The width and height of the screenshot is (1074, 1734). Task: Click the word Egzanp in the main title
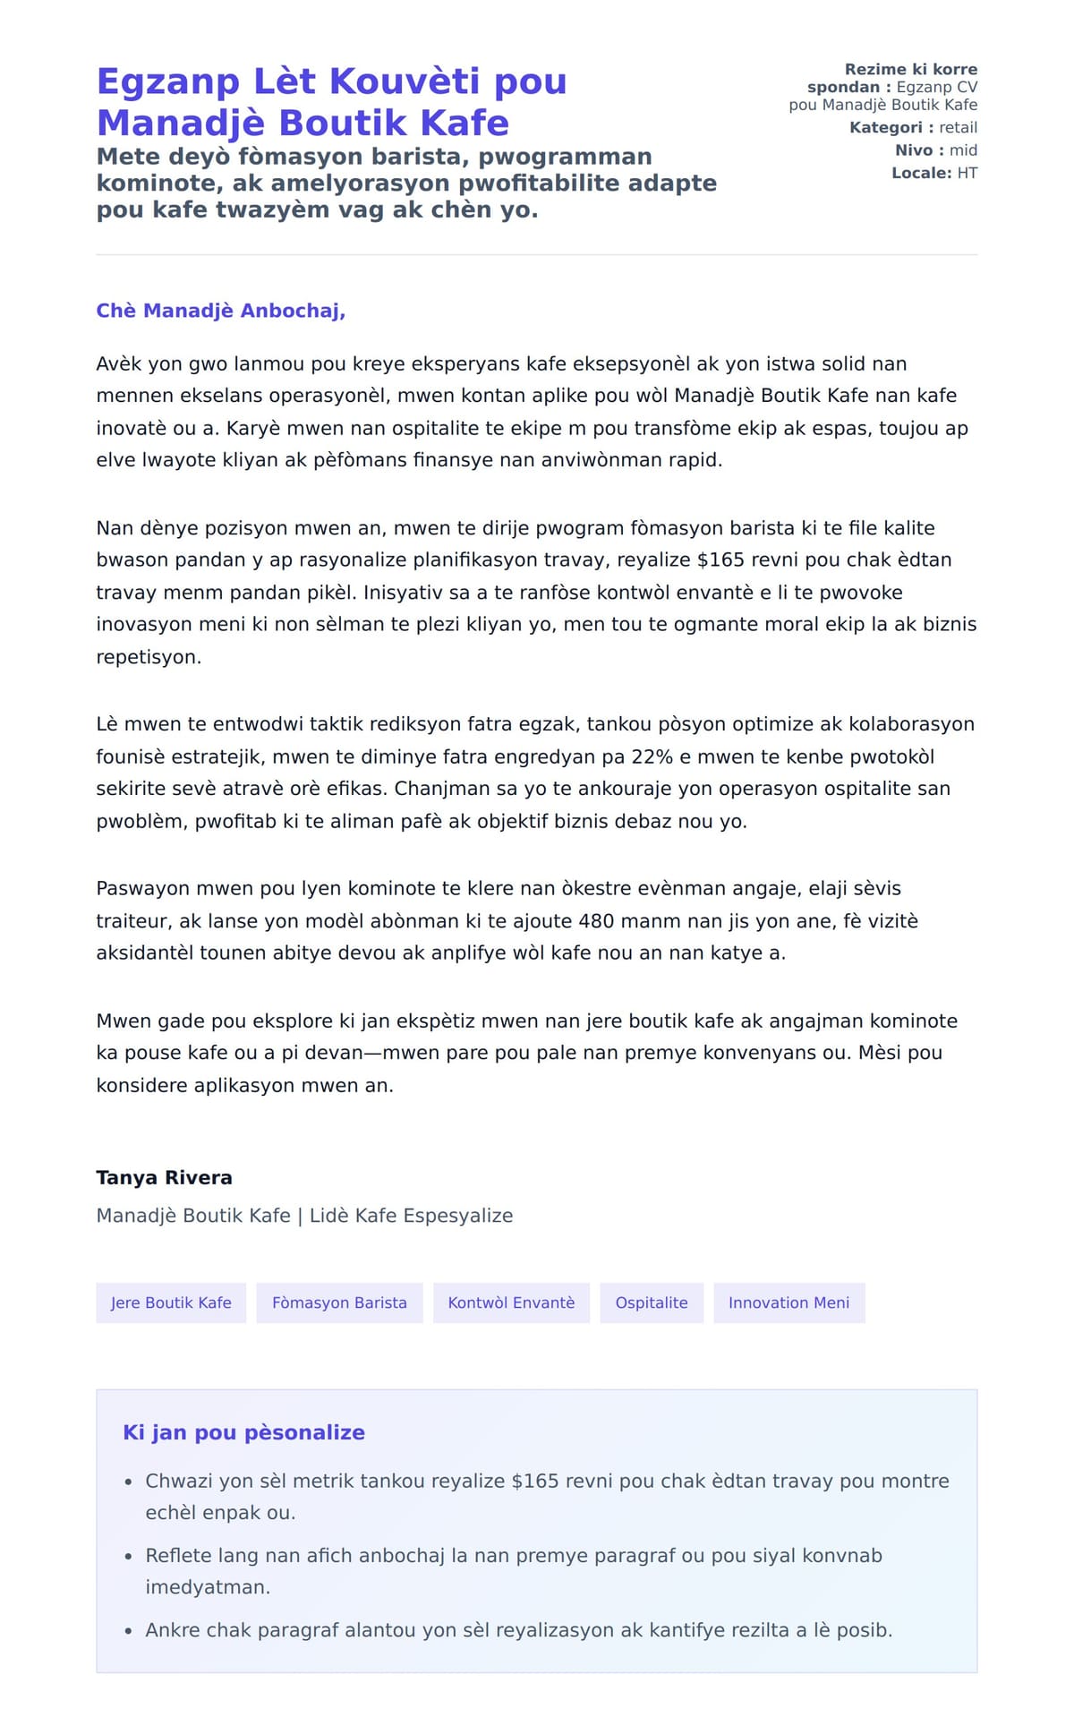[167, 81]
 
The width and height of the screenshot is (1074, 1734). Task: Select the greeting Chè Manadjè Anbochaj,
[220, 311]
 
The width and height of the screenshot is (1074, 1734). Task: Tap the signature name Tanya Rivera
[164, 1177]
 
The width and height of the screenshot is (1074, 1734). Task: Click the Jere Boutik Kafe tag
[171, 1303]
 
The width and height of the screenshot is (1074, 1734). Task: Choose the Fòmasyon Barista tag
[339, 1303]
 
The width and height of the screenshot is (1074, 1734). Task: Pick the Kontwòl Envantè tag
[511, 1303]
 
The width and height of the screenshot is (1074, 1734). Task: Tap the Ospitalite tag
[652, 1303]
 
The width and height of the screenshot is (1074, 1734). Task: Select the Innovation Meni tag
[788, 1303]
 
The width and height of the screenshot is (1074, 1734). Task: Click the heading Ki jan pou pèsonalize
[243, 1432]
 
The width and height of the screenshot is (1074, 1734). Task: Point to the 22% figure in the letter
[652, 756]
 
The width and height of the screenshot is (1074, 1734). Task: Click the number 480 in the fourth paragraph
[596, 920]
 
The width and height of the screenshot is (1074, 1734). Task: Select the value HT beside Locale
[967, 173]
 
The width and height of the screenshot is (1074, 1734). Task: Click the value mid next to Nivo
[963, 150]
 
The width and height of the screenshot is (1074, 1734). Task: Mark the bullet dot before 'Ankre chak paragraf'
[129, 1631]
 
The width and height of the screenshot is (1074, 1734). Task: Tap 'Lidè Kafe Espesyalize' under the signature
[411, 1216]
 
